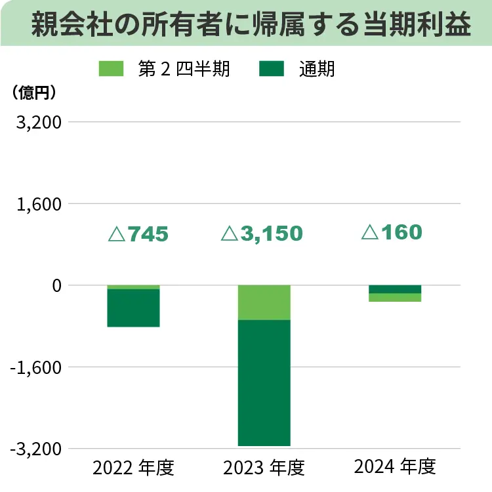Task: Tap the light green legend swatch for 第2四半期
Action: coord(111,68)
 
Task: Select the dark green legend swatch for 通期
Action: coord(272,68)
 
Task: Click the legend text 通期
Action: coord(317,68)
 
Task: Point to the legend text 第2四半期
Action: coord(184,68)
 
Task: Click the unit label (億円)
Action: coord(33,92)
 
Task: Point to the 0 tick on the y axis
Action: coord(56,285)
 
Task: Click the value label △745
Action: coord(138,234)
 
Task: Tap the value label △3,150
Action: coord(262,234)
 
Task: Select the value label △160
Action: coord(392,232)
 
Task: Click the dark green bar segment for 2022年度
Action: coord(133,308)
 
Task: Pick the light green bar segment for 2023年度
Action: coord(264,302)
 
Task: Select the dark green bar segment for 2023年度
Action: coord(264,382)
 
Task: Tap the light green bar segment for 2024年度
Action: coord(395,297)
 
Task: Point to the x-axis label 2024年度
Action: coord(395,467)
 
